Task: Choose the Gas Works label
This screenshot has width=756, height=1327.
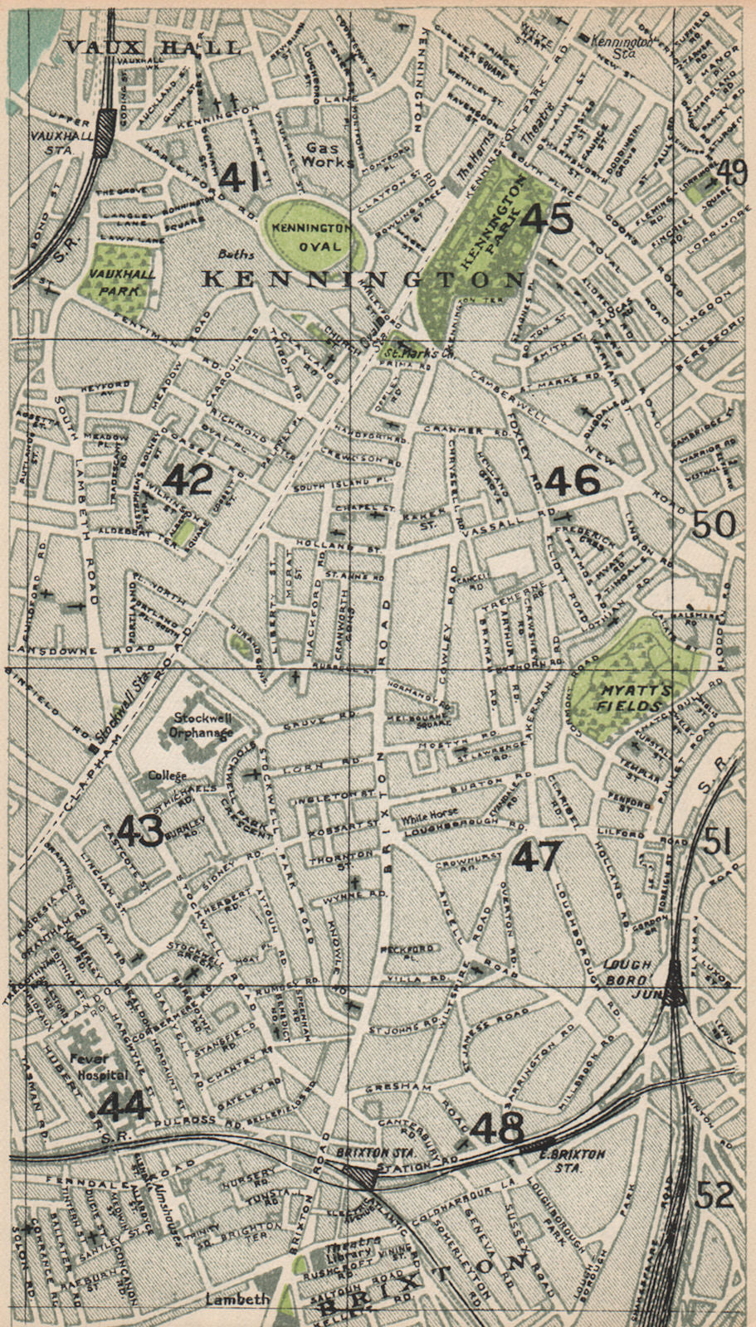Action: tap(326, 153)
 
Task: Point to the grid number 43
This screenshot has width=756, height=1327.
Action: tap(140, 831)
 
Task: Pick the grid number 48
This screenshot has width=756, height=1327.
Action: tap(498, 1127)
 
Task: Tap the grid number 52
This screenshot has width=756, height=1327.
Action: tap(715, 1195)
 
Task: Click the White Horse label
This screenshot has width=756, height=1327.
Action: tap(427, 814)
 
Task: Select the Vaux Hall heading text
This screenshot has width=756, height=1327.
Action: tap(153, 47)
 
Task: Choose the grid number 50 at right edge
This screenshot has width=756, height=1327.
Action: tap(713, 524)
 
